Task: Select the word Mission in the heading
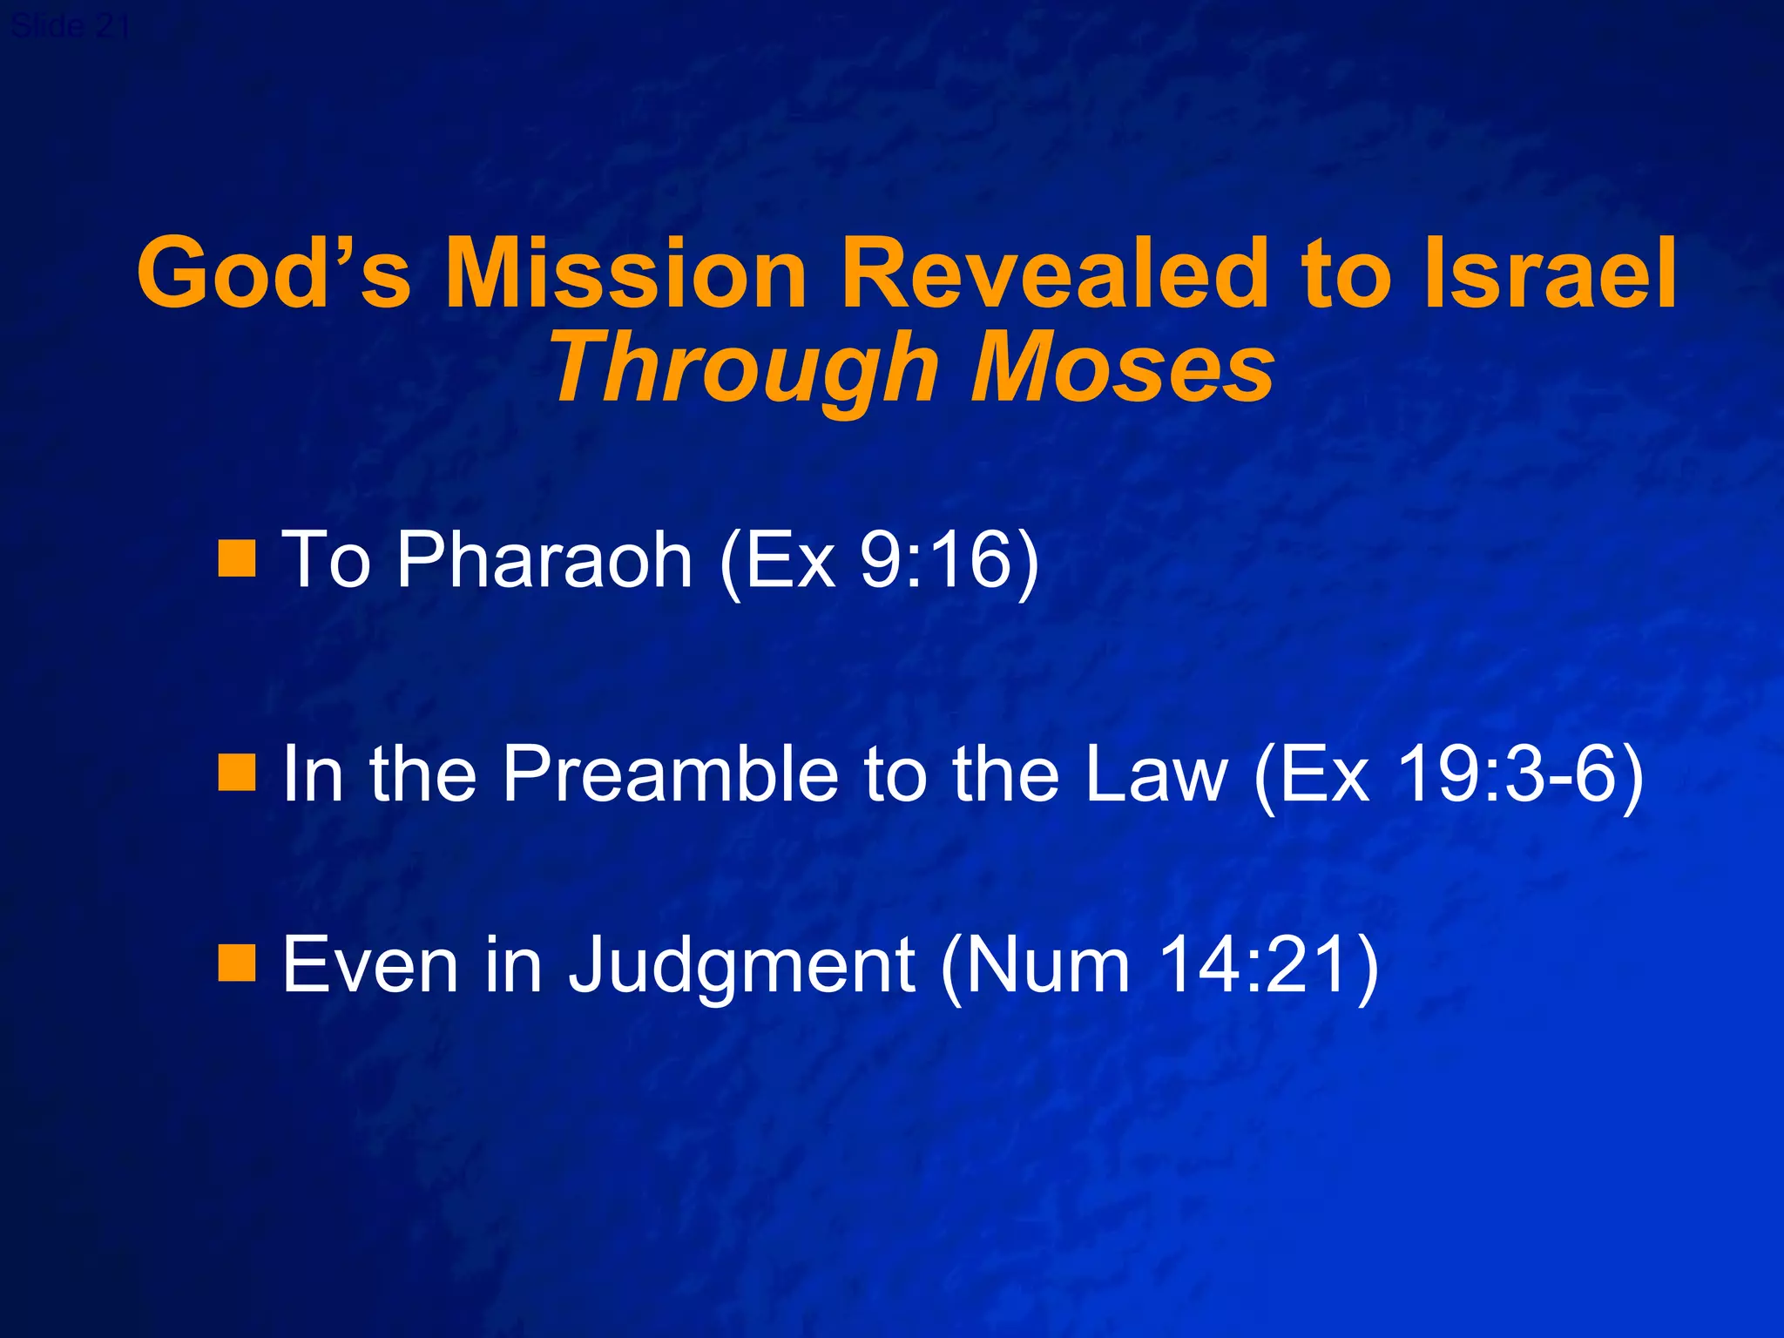pyautogui.click(x=625, y=274)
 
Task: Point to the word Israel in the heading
pyautogui.click(x=1550, y=274)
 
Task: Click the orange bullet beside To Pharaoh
pyautogui.click(x=236, y=558)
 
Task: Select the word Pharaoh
pyautogui.click(x=544, y=560)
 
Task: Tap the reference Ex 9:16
pyautogui.click(x=880, y=562)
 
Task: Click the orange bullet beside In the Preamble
pyautogui.click(x=236, y=772)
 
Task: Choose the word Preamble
pyautogui.click(x=671, y=774)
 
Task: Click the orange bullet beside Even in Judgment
pyautogui.click(x=236, y=963)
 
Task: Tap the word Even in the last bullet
pyautogui.click(x=370, y=965)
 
